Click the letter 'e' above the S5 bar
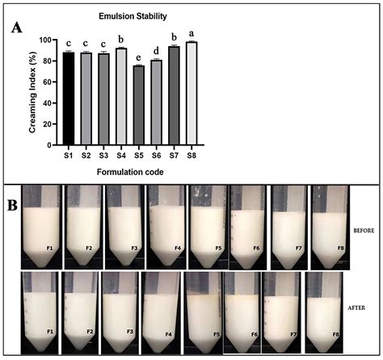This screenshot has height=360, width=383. [x=138, y=58]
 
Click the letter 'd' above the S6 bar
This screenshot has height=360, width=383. [x=156, y=52]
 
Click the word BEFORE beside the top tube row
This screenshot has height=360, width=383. [x=362, y=230]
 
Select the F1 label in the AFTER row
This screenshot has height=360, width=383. [x=50, y=331]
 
